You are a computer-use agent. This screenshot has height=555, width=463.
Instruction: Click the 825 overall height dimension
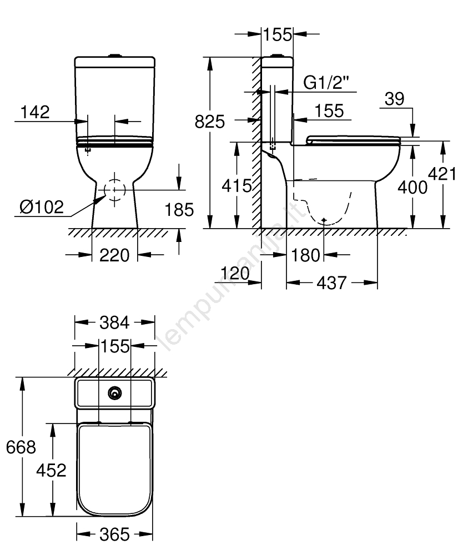point(209,122)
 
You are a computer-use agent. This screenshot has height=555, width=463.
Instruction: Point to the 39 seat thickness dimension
point(394,99)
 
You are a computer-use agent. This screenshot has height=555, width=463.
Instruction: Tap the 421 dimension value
point(442,174)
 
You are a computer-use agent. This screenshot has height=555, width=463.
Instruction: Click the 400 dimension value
point(412,187)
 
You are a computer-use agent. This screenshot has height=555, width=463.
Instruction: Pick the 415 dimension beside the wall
point(237,185)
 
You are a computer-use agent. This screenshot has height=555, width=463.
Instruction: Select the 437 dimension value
point(331,283)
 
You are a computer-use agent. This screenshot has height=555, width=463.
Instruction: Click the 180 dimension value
point(305,255)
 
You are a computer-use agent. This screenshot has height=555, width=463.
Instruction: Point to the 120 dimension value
point(235,273)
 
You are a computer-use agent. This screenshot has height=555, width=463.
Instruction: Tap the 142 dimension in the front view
point(35,112)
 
